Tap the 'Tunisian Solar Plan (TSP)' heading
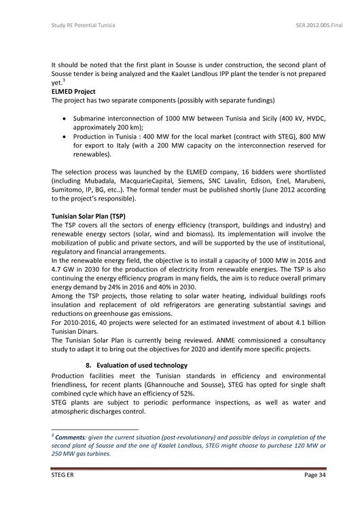pyautogui.click(x=88, y=215)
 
